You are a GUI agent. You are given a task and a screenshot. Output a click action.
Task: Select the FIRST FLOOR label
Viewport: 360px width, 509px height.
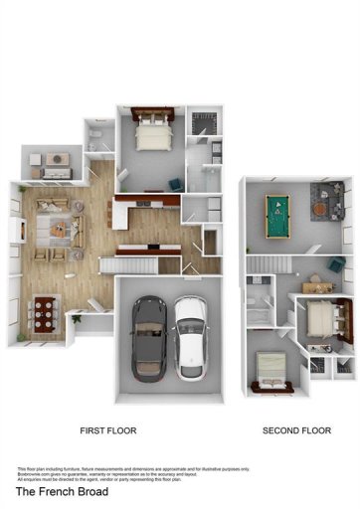[x=107, y=430]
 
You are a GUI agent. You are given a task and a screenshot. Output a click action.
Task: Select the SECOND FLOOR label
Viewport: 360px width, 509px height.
[x=296, y=430]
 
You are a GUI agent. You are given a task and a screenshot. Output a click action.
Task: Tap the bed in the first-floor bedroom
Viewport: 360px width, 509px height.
[x=153, y=132]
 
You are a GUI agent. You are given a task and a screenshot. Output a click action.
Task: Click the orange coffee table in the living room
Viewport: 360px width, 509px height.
[x=60, y=229]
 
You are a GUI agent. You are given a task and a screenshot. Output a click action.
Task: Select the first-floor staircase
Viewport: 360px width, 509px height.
[x=129, y=264]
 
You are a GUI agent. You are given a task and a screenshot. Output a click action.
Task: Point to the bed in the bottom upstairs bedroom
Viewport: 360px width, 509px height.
[x=271, y=371]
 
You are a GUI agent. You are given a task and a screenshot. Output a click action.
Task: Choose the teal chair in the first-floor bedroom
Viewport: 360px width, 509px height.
[x=176, y=183]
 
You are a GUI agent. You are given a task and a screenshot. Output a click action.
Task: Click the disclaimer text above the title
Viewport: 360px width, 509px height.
[x=134, y=473]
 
